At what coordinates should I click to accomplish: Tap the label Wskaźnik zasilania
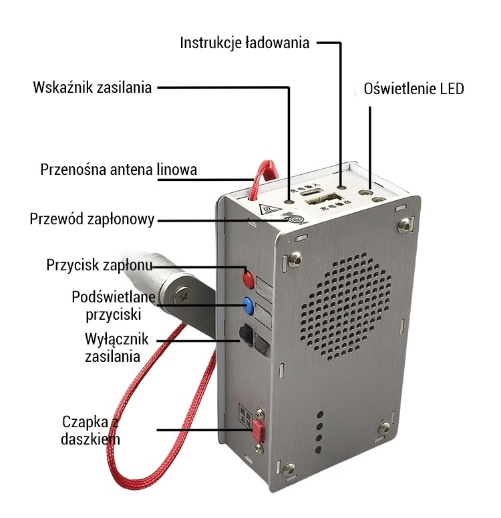(x=93, y=87)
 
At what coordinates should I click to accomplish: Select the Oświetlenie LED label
(x=413, y=89)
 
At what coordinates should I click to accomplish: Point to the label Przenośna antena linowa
(x=119, y=170)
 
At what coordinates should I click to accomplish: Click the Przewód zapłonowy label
(x=93, y=219)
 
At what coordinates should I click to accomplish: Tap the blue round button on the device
(x=249, y=306)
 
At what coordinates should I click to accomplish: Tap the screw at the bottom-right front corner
(x=385, y=429)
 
